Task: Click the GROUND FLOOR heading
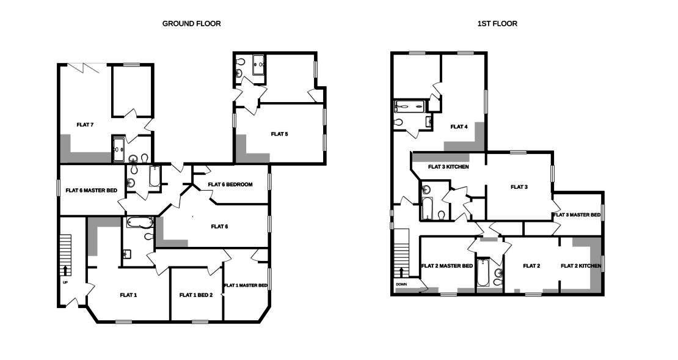point(192,24)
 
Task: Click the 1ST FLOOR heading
point(497,24)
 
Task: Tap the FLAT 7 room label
point(85,125)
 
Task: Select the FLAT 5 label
point(279,134)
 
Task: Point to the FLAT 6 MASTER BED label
point(91,190)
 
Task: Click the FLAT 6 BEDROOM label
point(230,185)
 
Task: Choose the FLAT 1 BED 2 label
point(196,296)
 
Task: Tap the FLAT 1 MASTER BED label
point(246,285)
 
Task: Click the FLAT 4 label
point(459,127)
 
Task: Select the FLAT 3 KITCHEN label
point(448,167)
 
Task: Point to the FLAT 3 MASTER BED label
point(577,215)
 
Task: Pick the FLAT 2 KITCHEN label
point(581,266)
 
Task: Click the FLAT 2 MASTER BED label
point(447,266)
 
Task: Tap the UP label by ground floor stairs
point(65,282)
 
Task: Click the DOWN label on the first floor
point(401,285)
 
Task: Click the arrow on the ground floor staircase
point(66,270)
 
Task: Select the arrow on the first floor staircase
point(402,272)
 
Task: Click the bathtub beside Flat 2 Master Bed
point(483,272)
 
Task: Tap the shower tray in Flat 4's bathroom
point(409,106)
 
